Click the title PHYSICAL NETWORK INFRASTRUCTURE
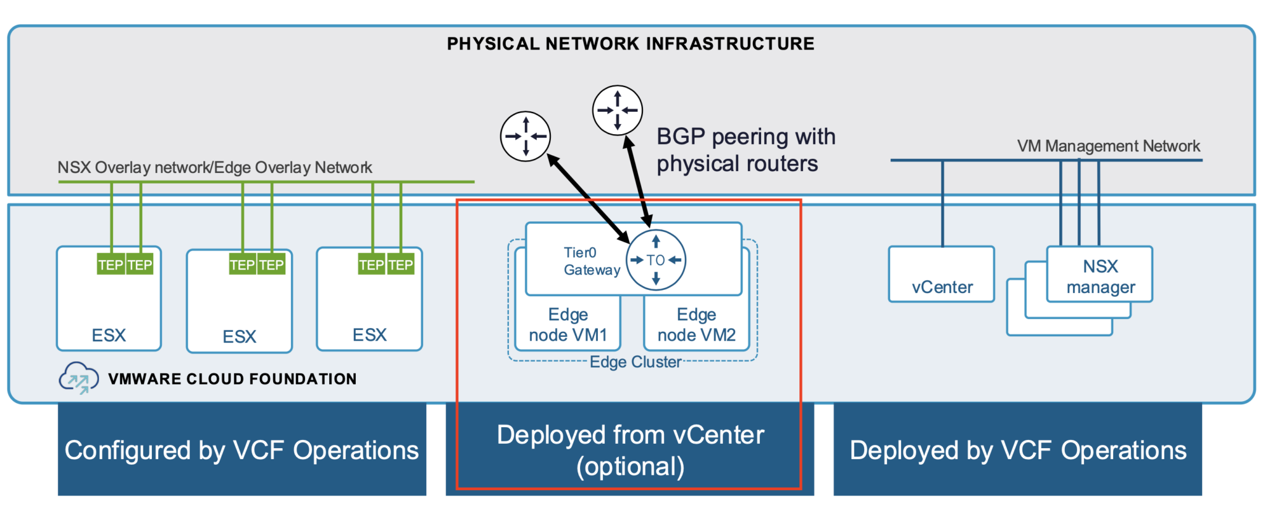click(x=630, y=44)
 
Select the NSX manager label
click(x=1100, y=276)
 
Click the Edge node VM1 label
click(x=568, y=324)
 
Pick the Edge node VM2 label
click(x=696, y=324)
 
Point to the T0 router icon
click(x=656, y=260)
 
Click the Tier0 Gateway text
click(x=591, y=261)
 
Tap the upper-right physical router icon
click(x=617, y=110)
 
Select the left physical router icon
click(x=525, y=136)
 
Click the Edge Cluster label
click(x=636, y=362)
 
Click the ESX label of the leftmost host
click(x=109, y=335)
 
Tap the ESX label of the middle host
click(x=239, y=336)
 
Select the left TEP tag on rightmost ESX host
click(x=372, y=265)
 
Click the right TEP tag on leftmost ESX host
click(x=140, y=265)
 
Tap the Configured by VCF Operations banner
click(x=242, y=450)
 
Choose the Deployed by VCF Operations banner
click(x=1017, y=450)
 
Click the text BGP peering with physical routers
click(x=745, y=150)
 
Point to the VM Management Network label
click(x=1108, y=146)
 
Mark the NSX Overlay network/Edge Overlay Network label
click(x=214, y=167)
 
